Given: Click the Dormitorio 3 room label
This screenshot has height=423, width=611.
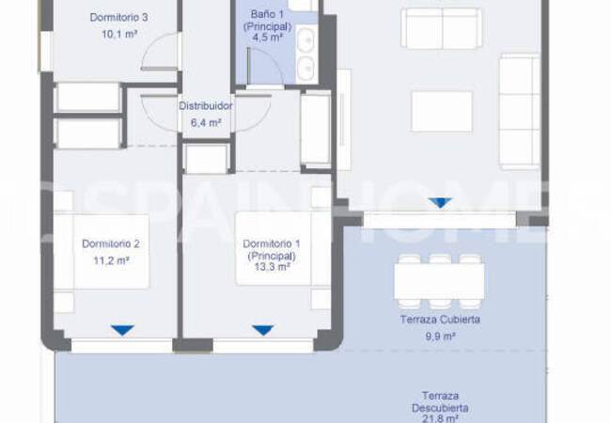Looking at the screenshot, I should (x=118, y=18).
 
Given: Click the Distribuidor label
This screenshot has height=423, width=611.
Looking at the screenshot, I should (x=206, y=106).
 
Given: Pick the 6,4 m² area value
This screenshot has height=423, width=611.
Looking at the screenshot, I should (x=206, y=122).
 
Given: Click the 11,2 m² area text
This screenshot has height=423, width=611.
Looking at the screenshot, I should (x=110, y=261).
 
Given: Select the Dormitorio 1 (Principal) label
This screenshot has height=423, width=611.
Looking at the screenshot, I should (x=270, y=249).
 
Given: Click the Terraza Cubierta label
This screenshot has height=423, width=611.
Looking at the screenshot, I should (x=440, y=320).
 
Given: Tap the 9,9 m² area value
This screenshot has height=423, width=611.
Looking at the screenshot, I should (x=440, y=336).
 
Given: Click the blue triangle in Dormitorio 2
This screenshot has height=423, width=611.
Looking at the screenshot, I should (x=121, y=330).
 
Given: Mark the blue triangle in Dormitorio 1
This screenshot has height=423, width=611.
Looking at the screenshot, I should (x=263, y=330).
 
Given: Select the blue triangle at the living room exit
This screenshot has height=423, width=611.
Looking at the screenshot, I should (x=439, y=202).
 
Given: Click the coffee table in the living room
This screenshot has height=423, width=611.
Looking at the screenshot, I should (x=442, y=110).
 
